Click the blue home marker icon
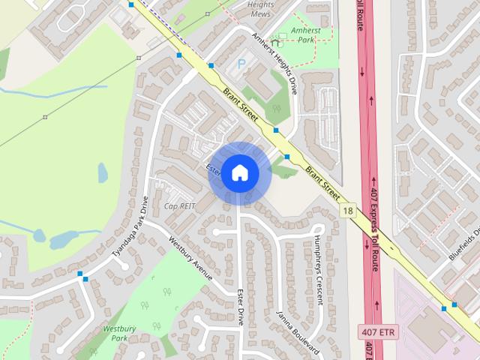pyautogui.click(x=239, y=173)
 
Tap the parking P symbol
pyautogui.click(x=241, y=64)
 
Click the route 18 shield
pyautogui.click(x=346, y=211)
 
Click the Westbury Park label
pyautogui.click(x=118, y=332)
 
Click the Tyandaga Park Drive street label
pyautogui.click(x=130, y=229)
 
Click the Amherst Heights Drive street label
pyautogui.click(x=274, y=63)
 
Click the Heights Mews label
pyautogui.click(x=260, y=8)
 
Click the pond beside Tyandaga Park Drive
pyautogui.click(x=64, y=238)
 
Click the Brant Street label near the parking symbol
pyautogui.click(x=240, y=106)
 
